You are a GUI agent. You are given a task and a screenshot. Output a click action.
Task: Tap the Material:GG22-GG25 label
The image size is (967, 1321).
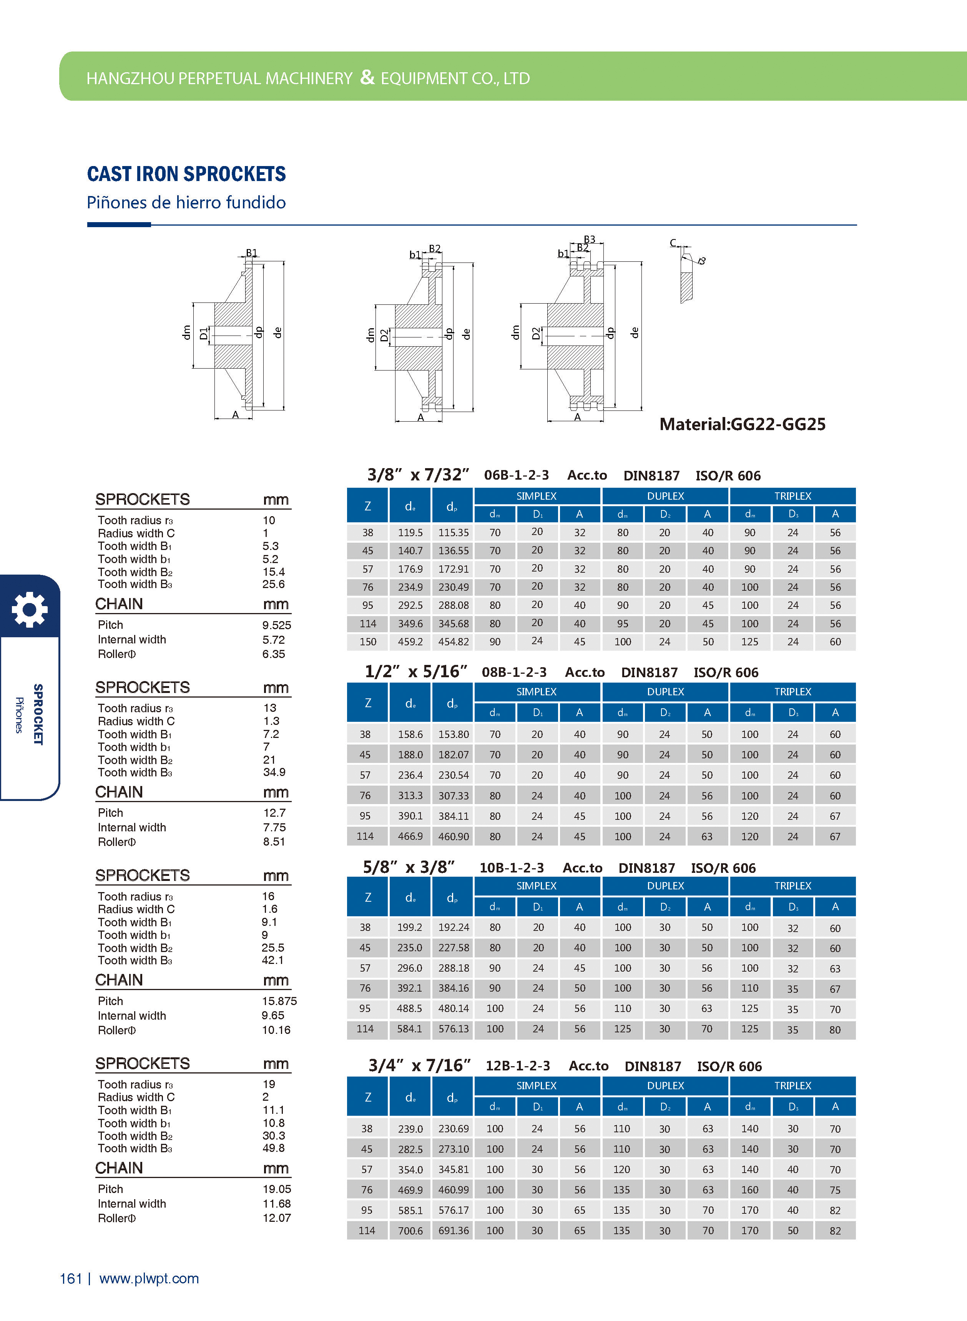(742, 424)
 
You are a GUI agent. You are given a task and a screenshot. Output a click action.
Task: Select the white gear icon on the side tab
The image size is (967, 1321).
(29, 609)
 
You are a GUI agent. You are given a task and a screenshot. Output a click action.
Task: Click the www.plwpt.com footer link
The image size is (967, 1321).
(149, 1278)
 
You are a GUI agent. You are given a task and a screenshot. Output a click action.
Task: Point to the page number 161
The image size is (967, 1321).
(71, 1278)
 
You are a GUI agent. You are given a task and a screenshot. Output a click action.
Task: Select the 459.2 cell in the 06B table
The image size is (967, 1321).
(410, 641)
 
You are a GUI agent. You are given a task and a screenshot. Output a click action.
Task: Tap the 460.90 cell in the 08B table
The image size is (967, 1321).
(453, 836)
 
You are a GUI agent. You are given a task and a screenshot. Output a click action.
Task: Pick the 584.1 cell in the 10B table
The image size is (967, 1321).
(410, 1029)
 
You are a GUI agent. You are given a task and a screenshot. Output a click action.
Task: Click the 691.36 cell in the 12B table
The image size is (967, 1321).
(453, 1230)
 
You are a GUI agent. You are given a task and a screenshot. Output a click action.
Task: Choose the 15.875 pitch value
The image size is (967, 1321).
(279, 1001)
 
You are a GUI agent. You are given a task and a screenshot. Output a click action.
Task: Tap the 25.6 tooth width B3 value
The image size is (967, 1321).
(273, 584)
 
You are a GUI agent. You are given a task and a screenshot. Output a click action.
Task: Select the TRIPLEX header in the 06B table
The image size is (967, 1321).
(793, 496)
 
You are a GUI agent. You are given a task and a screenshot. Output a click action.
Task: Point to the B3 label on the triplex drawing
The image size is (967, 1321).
(590, 239)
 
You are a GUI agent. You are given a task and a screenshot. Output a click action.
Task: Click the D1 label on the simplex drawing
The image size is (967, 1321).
(203, 334)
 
